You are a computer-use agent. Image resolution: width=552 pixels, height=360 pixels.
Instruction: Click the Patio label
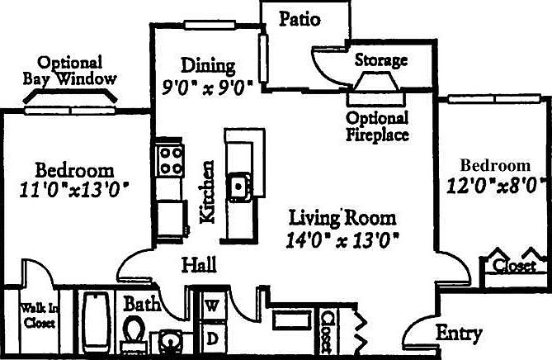(299, 18)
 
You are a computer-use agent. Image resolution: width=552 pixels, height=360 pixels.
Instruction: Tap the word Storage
(380, 60)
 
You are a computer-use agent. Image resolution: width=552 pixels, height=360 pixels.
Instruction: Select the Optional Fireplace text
(377, 126)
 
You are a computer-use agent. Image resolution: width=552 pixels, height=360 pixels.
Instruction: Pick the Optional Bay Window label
(70, 71)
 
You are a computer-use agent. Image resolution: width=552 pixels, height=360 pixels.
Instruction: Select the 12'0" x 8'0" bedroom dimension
(495, 184)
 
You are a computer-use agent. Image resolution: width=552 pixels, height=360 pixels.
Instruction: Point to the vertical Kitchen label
(209, 192)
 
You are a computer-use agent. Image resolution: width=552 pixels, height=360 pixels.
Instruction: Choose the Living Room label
(342, 219)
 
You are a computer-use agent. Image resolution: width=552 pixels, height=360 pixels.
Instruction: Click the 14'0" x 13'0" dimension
(342, 240)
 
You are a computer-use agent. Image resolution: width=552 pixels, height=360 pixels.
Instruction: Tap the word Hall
(199, 265)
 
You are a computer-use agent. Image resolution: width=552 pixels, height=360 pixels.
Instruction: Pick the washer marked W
(212, 306)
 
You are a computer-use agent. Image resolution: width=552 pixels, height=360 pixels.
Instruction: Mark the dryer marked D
(212, 337)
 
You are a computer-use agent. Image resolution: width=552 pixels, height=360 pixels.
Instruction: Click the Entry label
(459, 334)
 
